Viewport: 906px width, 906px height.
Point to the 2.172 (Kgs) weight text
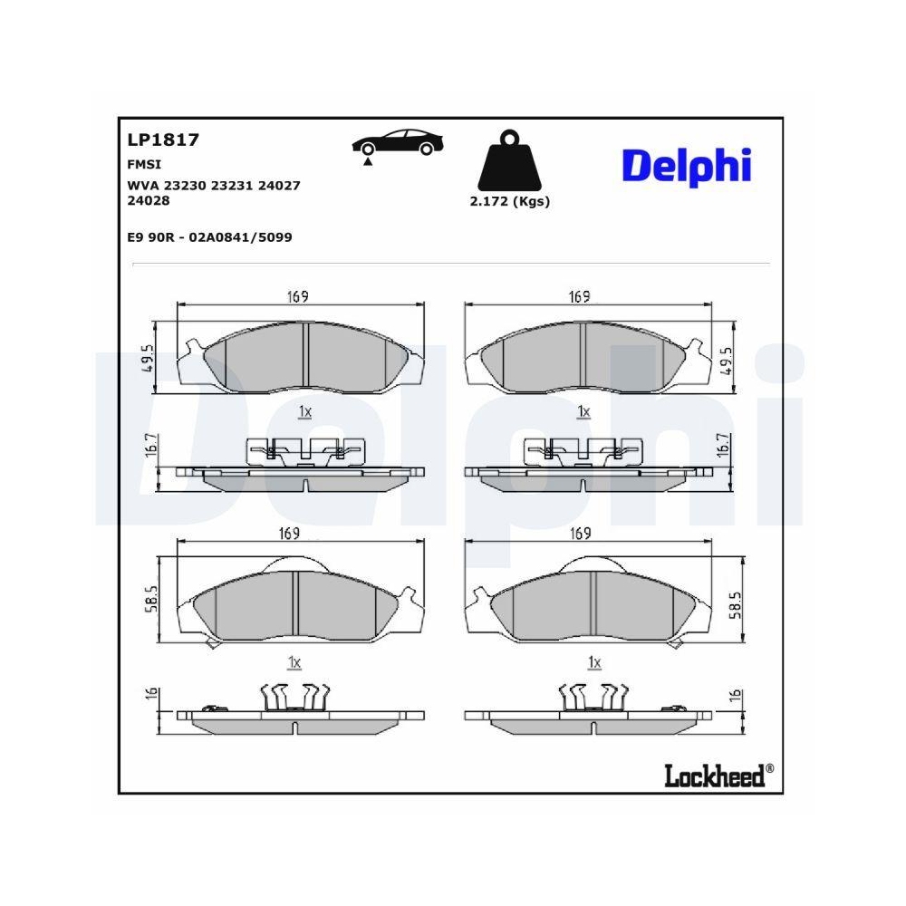click(x=509, y=202)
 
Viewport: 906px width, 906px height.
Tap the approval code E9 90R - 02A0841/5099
click(x=210, y=237)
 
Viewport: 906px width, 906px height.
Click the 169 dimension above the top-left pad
click(x=300, y=297)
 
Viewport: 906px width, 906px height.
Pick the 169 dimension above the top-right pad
click(x=580, y=297)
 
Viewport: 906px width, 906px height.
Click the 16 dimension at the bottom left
click(x=151, y=696)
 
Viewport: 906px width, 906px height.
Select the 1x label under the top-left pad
click(x=304, y=412)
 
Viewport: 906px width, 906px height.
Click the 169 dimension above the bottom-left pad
click(x=289, y=534)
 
